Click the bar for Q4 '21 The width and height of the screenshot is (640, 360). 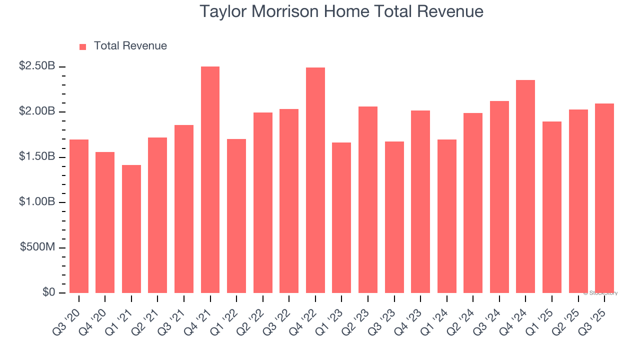(x=210, y=180)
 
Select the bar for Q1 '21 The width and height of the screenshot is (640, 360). (x=131, y=229)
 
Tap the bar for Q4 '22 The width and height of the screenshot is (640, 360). (x=315, y=180)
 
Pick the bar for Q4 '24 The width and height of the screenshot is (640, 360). (x=525, y=186)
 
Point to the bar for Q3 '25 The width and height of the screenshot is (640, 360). (x=604, y=198)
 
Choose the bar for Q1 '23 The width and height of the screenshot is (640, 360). (x=341, y=218)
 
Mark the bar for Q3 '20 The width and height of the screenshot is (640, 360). (x=79, y=216)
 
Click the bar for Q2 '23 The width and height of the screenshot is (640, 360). (x=368, y=200)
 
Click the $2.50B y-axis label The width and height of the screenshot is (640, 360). (x=37, y=66)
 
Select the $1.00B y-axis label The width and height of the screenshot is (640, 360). (x=37, y=202)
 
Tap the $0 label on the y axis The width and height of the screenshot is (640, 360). (x=48, y=293)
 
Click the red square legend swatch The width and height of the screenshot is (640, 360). (x=83, y=47)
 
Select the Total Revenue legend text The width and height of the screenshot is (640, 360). (x=130, y=46)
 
